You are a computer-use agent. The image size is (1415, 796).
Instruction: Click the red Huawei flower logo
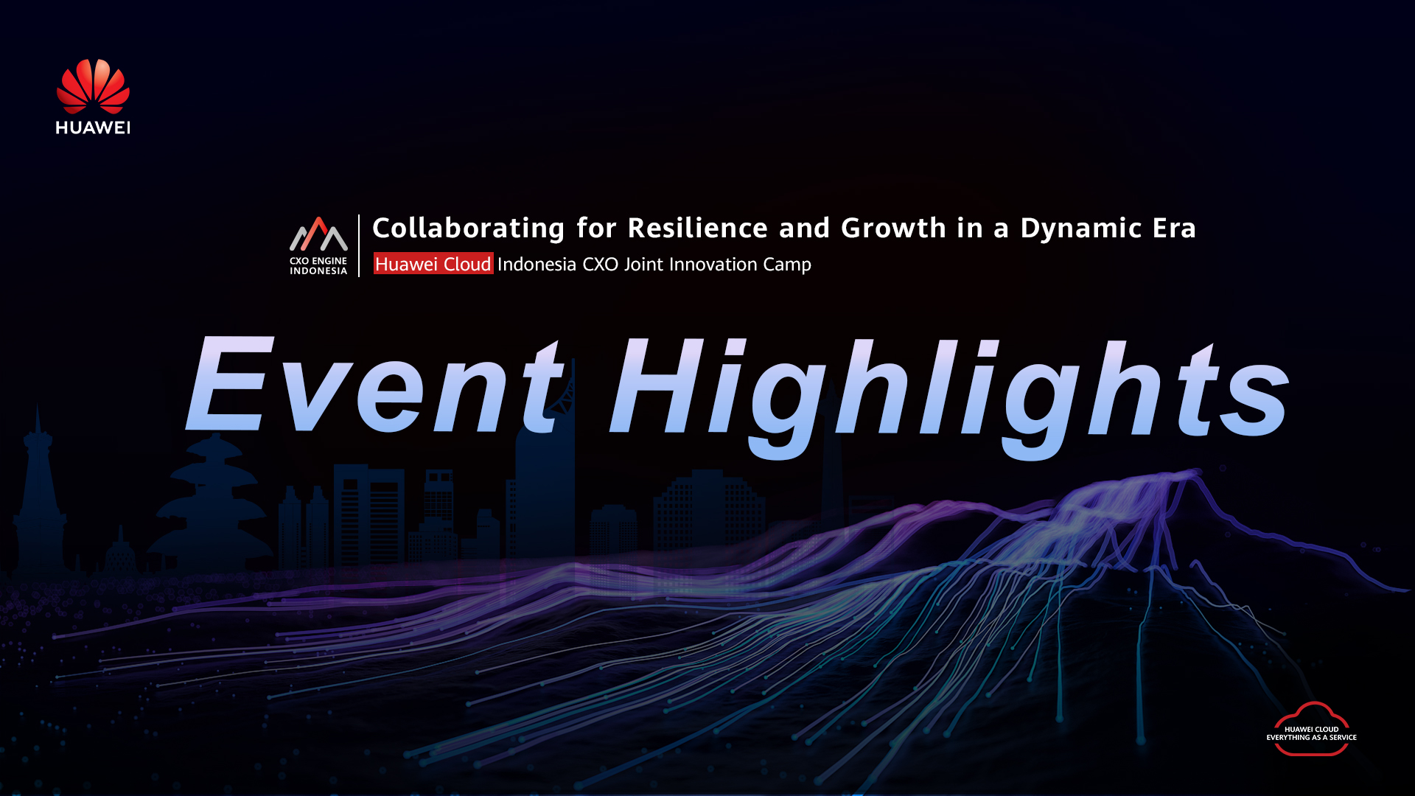[x=93, y=86]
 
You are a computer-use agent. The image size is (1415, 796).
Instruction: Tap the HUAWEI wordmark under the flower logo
[x=93, y=128]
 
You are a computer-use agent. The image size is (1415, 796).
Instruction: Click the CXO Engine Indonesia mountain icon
[x=318, y=234]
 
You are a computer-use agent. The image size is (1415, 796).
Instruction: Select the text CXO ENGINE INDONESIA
[x=318, y=266]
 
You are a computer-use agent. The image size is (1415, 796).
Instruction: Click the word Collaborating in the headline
[x=469, y=228]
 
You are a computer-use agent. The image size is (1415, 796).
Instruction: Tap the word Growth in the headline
[x=893, y=228]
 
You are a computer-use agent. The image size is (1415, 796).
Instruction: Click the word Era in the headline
[x=1175, y=228]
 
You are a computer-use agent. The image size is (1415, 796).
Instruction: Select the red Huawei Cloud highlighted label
[x=433, y=264]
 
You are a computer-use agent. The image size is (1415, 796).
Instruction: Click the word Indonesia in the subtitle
[x=537, y=264]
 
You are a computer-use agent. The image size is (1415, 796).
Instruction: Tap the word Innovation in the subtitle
[x=713, y=264]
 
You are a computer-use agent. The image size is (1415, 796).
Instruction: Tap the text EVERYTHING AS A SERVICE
[x=1312, y=738]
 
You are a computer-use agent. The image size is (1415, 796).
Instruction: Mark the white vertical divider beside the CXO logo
[x=359, y=245]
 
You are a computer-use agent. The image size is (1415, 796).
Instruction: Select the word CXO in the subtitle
[x=601, y=264]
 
